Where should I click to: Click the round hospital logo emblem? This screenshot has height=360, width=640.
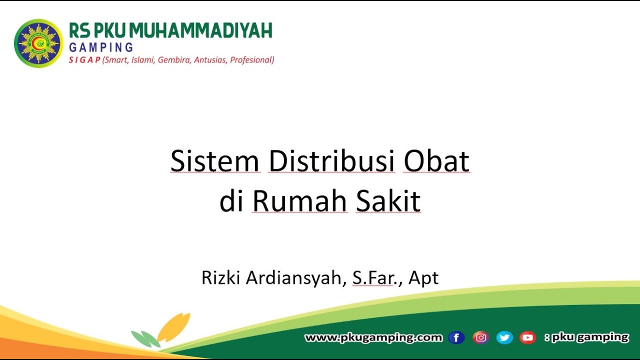[38, 43]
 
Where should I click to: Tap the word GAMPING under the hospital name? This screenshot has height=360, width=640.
[101, 47]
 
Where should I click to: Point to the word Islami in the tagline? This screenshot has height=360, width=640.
[142, 60]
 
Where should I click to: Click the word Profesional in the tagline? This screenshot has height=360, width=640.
[251, 60]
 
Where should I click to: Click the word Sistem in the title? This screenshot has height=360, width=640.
[215, 161]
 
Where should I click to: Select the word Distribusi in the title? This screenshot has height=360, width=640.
[331, 161]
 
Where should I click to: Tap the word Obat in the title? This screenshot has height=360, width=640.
[436, 161]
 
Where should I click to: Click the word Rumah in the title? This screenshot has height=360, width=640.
[299, 201]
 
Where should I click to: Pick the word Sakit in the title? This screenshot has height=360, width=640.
[388, 201]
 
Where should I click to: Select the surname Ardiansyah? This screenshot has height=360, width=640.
[293, 278]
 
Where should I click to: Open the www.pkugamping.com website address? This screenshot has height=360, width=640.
[373, 337]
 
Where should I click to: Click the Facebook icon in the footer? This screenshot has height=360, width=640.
[456, 338]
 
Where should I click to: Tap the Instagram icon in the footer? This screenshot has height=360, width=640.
[480, 338]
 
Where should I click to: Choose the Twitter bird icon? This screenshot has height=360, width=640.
[504, 338]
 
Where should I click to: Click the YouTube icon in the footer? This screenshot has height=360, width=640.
[527, 338]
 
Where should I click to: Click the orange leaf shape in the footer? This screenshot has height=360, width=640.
[173, 327]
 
